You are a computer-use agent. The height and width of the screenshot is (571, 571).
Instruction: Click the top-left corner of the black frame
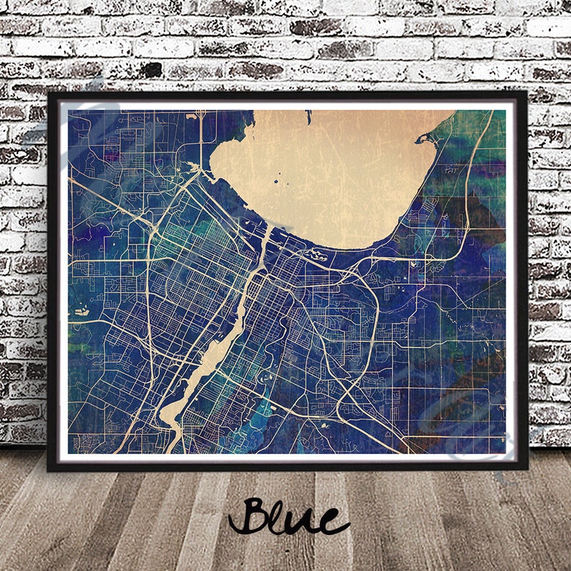pos(49,93)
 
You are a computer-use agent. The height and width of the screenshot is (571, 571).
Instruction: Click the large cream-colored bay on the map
pos(331,173)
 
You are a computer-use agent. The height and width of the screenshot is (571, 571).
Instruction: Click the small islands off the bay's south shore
pos(314,253)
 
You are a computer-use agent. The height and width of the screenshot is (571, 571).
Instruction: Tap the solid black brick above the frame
pos(151,70)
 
